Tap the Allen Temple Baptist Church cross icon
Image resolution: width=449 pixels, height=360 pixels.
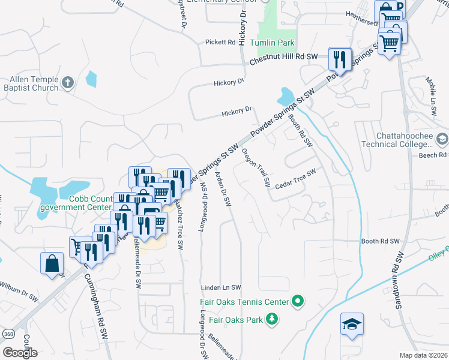(x=68, y=82)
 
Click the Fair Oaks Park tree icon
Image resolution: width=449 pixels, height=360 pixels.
(x=273, y=319)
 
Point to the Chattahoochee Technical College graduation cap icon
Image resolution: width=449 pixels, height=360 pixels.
(x=442, y=139)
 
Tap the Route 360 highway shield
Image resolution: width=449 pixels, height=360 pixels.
(x=23, y=334)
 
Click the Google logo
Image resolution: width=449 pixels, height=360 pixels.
(x=20, y=352)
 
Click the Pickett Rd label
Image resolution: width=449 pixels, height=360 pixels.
(x=220, y=43)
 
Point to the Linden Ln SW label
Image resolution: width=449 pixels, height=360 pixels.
(x=220, y=288)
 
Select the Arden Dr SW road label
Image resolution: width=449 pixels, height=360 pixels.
(x=223, y=189)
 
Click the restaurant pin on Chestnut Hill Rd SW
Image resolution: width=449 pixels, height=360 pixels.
(x=341, y=59)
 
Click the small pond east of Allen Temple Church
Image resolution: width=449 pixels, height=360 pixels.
(x=91, y=79)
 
